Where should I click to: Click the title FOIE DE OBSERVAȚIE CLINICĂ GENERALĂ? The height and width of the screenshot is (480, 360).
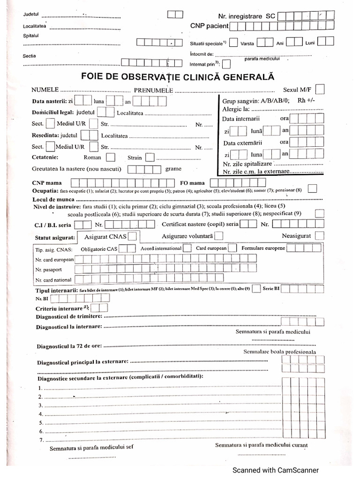(x=178, y=77)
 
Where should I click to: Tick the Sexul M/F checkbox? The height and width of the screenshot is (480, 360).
(x=322, y=89)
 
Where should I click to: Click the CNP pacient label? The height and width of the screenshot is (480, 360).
(x=209, y=26)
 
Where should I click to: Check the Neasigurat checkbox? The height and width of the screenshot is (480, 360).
(x=320, y=236)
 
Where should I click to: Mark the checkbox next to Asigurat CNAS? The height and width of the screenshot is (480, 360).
(x=133, y=236)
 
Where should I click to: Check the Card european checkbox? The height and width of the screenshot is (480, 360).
(x=232, y=248)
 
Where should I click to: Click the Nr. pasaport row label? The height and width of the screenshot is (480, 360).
(x=48, y=270)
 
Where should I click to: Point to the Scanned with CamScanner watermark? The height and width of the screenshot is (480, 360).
(x=276, y=470)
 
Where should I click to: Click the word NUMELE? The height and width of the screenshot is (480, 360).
(x=45, y=90)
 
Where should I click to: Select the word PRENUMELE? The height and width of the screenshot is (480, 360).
(x=153, y=90)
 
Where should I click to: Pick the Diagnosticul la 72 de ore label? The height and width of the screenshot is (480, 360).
(x=69, y=346)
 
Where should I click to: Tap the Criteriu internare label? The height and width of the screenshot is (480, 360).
(x=59, y=308)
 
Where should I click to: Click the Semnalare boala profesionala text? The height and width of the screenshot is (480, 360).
(x=280, y=352)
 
